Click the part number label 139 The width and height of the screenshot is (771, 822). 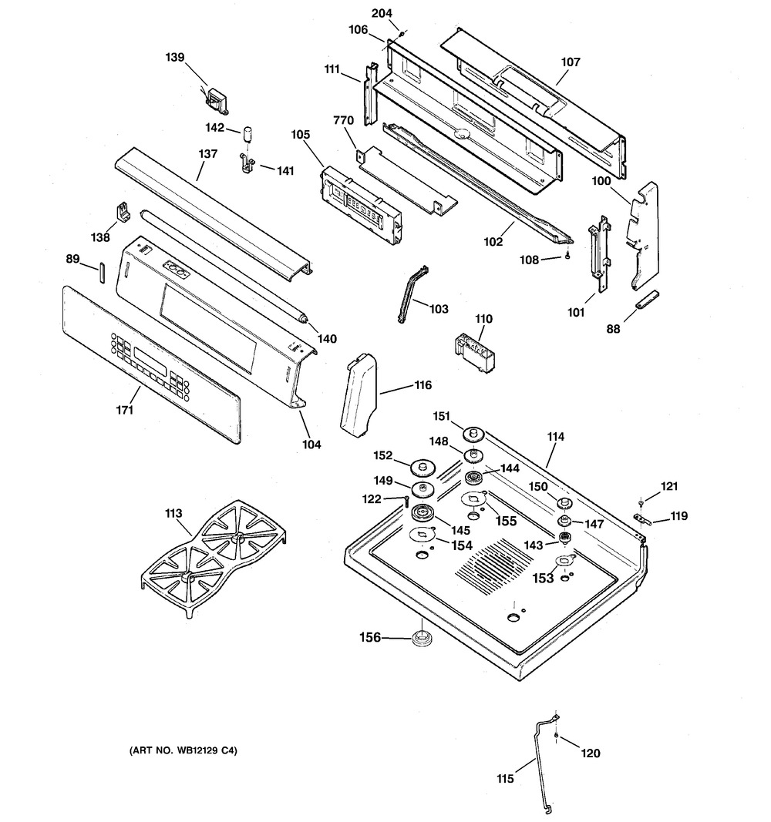click(175, 57)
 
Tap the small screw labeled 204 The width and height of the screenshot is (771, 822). click(401, 34)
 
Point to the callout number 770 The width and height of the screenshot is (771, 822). click(344, 121)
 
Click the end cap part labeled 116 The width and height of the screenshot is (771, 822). click(359, 393)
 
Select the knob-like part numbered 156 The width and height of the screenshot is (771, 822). click(422, 639)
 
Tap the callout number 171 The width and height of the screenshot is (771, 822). click(125, 410)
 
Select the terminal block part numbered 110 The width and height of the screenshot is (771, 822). click(473, 353)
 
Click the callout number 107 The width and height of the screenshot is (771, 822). click(571, 62)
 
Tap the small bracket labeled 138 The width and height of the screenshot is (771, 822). click(123, 213)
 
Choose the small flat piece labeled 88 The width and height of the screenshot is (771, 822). click(647, 300)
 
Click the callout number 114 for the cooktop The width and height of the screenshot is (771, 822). click(556, 437)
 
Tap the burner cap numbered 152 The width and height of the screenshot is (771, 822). click(424, 466)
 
